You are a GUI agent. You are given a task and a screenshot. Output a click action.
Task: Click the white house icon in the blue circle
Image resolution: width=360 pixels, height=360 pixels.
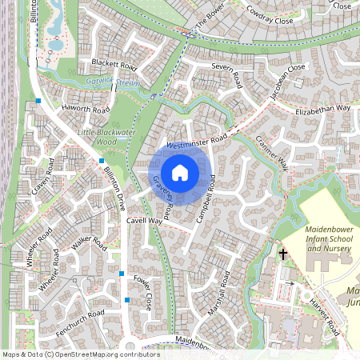tap(180, 172)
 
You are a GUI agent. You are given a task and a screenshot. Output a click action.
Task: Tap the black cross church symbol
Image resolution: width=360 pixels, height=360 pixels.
tap(282, 254)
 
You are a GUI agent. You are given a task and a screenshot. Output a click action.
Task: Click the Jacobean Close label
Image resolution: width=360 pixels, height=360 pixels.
tap(286, 80)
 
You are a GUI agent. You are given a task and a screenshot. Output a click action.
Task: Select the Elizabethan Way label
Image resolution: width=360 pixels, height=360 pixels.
tap(323, 108)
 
